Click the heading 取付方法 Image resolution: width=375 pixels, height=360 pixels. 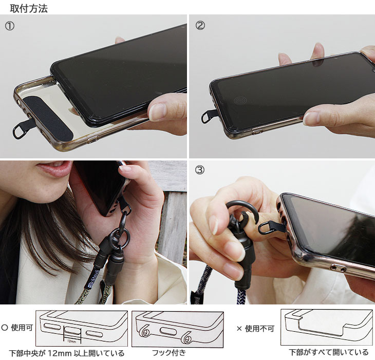click(x=29, y=9)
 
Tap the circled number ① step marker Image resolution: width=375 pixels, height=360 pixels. click(x=10, y=26)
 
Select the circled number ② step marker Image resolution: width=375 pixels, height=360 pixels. click(x=200, y=25)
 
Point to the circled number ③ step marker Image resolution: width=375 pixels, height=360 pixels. click(x=200, y=170)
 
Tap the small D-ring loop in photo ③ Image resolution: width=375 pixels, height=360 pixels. click(x=265, y=228)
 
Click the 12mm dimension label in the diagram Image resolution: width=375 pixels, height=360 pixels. click(x=71, y=341)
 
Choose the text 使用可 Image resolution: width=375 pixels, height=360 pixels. click(x=22, y=328)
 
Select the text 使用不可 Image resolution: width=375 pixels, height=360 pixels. click(x=259, y=329)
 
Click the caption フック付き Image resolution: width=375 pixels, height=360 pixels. click(x=169, y=353)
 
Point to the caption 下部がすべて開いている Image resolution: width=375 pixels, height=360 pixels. click(x=329, y=352)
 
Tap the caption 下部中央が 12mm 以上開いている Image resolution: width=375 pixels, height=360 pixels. click(x=67, y=353)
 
